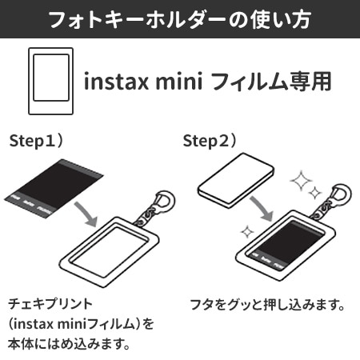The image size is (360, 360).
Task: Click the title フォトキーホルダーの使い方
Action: click(x=180, y=19)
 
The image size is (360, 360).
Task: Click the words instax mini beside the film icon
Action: click(x=143, y=82)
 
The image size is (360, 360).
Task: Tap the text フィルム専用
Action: click(x=271, y=82)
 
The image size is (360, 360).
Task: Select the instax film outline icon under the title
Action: click(x=50, y=81)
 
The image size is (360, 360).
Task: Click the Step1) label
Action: click(x=36, y=141)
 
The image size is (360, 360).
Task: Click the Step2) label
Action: click(x=210, y=141)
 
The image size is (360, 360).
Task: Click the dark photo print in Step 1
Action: click(x=54, y=188)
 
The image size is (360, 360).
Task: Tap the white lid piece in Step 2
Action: click(x=236, y=181)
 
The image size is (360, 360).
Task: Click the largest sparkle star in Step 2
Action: click(x=301, y=181)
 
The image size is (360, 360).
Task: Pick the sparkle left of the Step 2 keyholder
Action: click(x=247, y=232)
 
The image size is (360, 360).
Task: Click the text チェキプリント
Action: click(x=50, y=304)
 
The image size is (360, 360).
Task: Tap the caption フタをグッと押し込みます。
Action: click(x=267, y=305)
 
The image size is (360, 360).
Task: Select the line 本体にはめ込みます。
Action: click(x=69, y=344)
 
